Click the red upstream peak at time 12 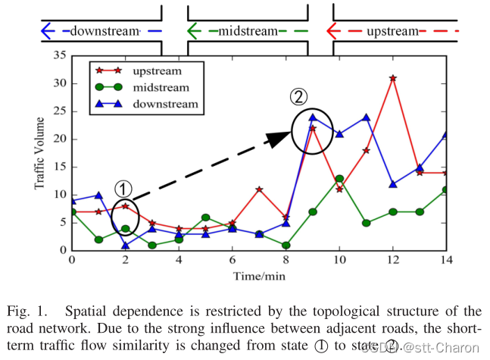click(x=392, y=78)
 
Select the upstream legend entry click(x=158, y=70)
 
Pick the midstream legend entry click(x=162, y=87)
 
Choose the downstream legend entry click(x=165, y=104)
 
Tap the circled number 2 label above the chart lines click(x=300, y=96)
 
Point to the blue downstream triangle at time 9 click(x=312, y=117)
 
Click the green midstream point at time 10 click(x=339, y=179)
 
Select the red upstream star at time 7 click(x=259, y=189)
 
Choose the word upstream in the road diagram click(x=392, y=31)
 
